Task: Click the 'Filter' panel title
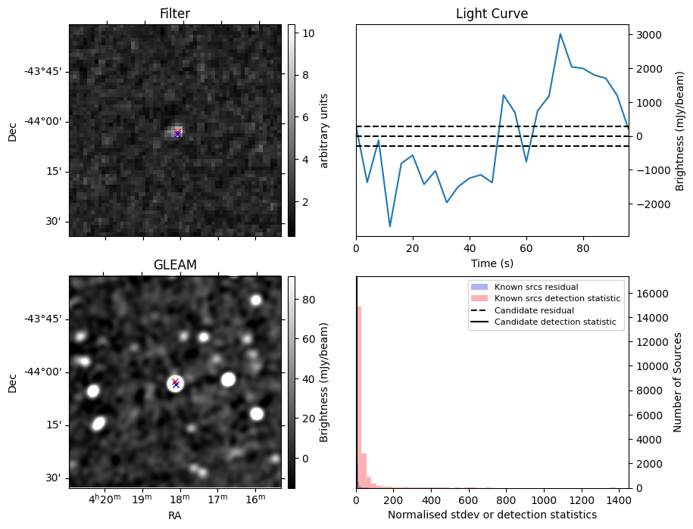point(175,14)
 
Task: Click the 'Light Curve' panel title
point(492,14)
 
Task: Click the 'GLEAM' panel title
point(175,264)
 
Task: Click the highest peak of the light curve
point(560,34)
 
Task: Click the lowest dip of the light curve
point(390,226)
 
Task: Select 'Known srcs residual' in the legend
point(536,288)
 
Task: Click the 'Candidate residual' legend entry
point(534,311)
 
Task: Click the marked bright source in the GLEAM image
point(176,384)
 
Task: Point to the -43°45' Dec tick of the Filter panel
point(45,72)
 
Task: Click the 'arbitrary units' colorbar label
point(324,130)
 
